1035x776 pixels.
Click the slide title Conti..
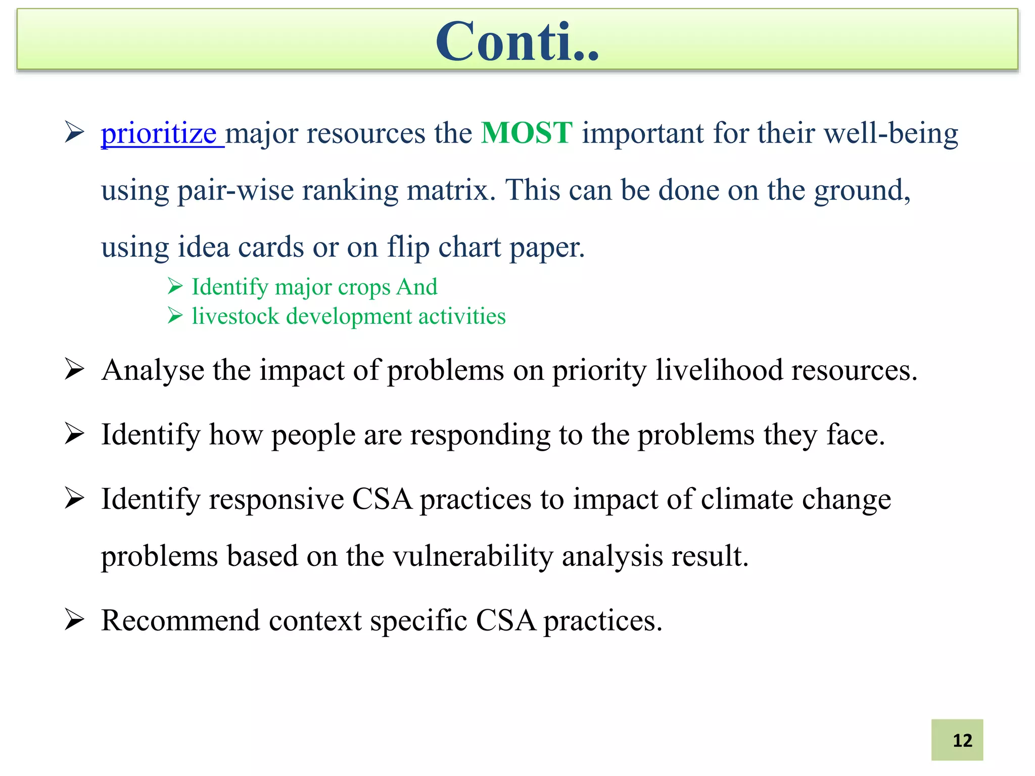(x=517, y=41)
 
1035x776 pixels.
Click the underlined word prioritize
(x=159, y=134)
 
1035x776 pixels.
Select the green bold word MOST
(x=527, y=133)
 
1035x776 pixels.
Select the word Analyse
(x=153, y=370)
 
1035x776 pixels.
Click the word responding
(x=480, y=434)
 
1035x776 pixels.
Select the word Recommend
(x=180, y=620)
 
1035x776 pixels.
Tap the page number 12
(x=962, y=740)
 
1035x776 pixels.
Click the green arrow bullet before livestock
(x=175, y=316)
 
